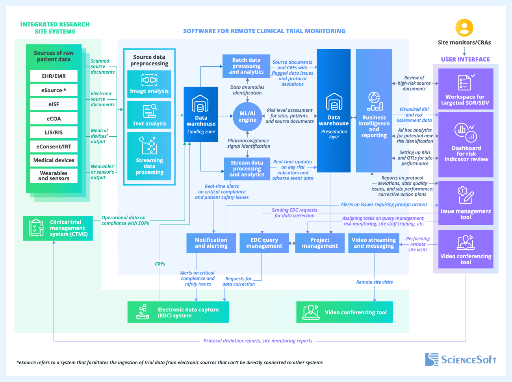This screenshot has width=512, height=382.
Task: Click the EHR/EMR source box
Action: (x=54, y=76)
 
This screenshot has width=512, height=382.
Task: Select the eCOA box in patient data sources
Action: (x=54, y=119)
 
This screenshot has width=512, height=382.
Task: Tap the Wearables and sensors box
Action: (x=54, y=176)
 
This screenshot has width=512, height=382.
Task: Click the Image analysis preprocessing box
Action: (x=149, y=84)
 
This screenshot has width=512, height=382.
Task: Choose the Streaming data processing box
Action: (x=149, y=156)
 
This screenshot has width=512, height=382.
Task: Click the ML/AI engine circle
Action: (x=247, y=117)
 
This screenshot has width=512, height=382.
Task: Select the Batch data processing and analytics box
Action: (x=246, y=66)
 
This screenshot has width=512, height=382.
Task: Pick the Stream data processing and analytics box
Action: (x=247, y=169)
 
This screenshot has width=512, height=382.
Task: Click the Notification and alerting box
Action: (x=211, y=243)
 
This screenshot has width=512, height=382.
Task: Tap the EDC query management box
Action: (x=264, y=243)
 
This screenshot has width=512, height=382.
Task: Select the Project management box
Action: (x=320, y=243)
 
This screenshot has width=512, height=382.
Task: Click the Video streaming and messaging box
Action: (x=373, y=243)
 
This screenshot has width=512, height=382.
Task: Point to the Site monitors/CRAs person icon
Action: (x=464, y=28)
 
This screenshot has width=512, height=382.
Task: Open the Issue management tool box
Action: (x=466, y=203)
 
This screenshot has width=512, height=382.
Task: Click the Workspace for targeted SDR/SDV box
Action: (x=466, y=89)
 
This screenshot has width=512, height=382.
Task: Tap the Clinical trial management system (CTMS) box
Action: (x=58, y=228)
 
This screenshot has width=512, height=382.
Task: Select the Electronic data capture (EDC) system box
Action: (x=178, y=312)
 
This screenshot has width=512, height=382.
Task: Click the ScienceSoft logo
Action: (x=461, y=360)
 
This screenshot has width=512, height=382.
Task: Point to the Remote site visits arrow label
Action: (x=374, y=282)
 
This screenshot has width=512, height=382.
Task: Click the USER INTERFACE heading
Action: (x=465, y=59)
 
